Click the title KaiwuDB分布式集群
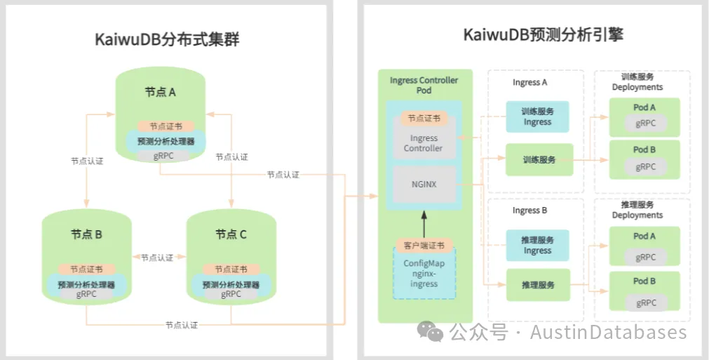(x=167, y=39)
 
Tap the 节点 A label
(x=161, y=92)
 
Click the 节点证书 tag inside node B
(x=86, y=269)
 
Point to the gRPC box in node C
(x=231, y=295)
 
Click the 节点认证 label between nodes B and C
(x=156, y=258)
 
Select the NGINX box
(x=424, y=184)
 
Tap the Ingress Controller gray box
(x=424, y=143)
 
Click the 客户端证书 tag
(x=424, y=246)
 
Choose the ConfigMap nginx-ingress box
(x=424, y=274)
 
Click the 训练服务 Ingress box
(x=537, y=116)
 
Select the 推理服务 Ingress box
(x=537, y=245)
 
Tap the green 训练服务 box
(x=539, y=159)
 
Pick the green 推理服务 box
(x=539, y=285)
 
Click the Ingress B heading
(x=529, y=211)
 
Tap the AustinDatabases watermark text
(x=608, y=332)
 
